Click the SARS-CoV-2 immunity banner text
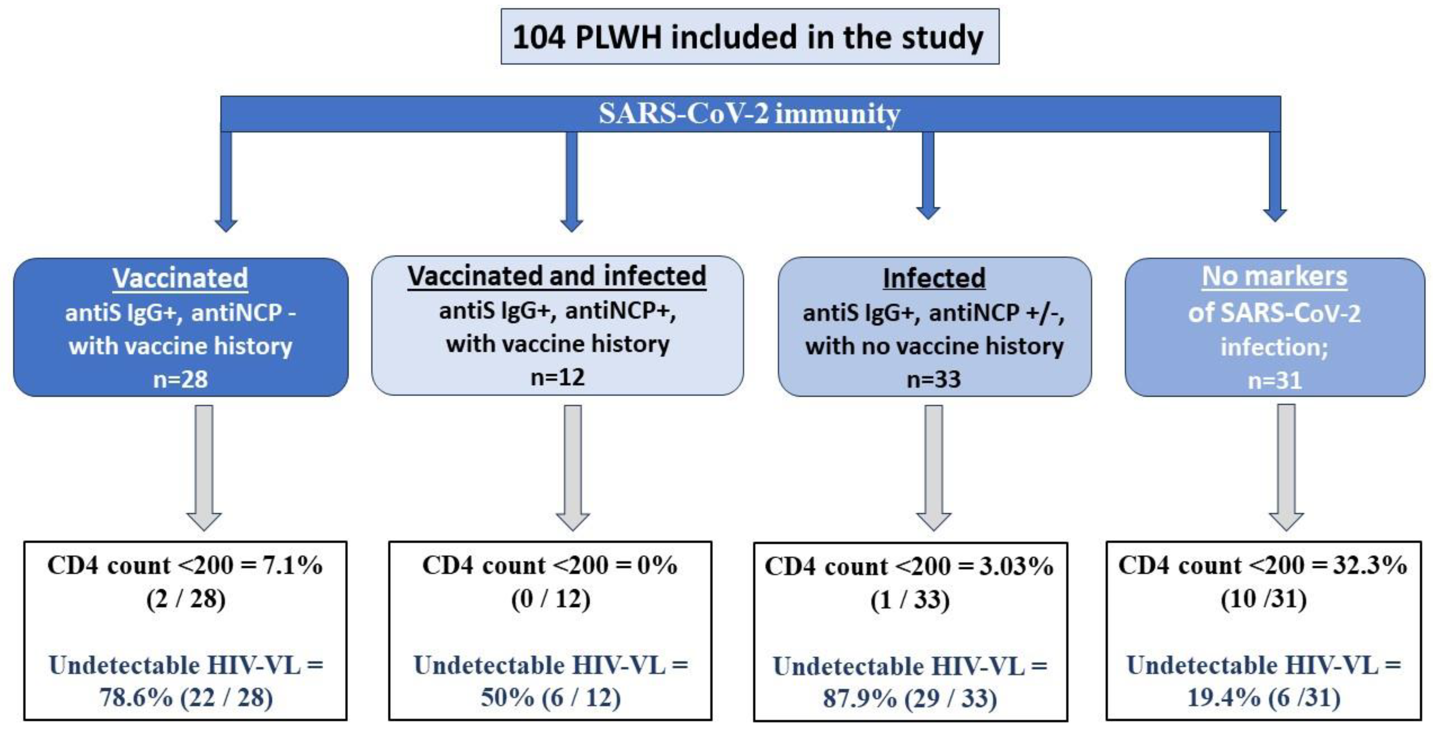tap(749, 114)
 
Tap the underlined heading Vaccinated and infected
tap(557, 276)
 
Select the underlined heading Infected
tap(934, 278)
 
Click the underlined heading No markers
tap(1275, 276)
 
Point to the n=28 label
tap(180, 379)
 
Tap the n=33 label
tap(934, 379)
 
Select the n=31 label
tap(1275, 381)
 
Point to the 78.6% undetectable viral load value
tap(136, 697)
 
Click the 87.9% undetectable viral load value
tap(859, 698)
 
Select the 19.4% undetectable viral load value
tap(1224, 697)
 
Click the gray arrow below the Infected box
tap(934, 467)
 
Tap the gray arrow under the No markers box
tap(1286, 467)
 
